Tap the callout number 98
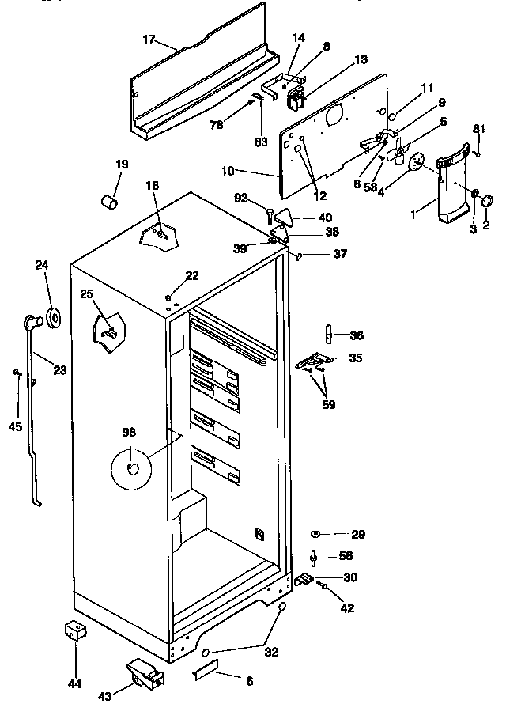point(129,431)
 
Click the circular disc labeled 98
point(130,468)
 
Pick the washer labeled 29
point(315,534)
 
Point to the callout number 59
point(328,405)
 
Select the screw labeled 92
point(270,213)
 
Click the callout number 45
point(16,427)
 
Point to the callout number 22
point(192,275)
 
